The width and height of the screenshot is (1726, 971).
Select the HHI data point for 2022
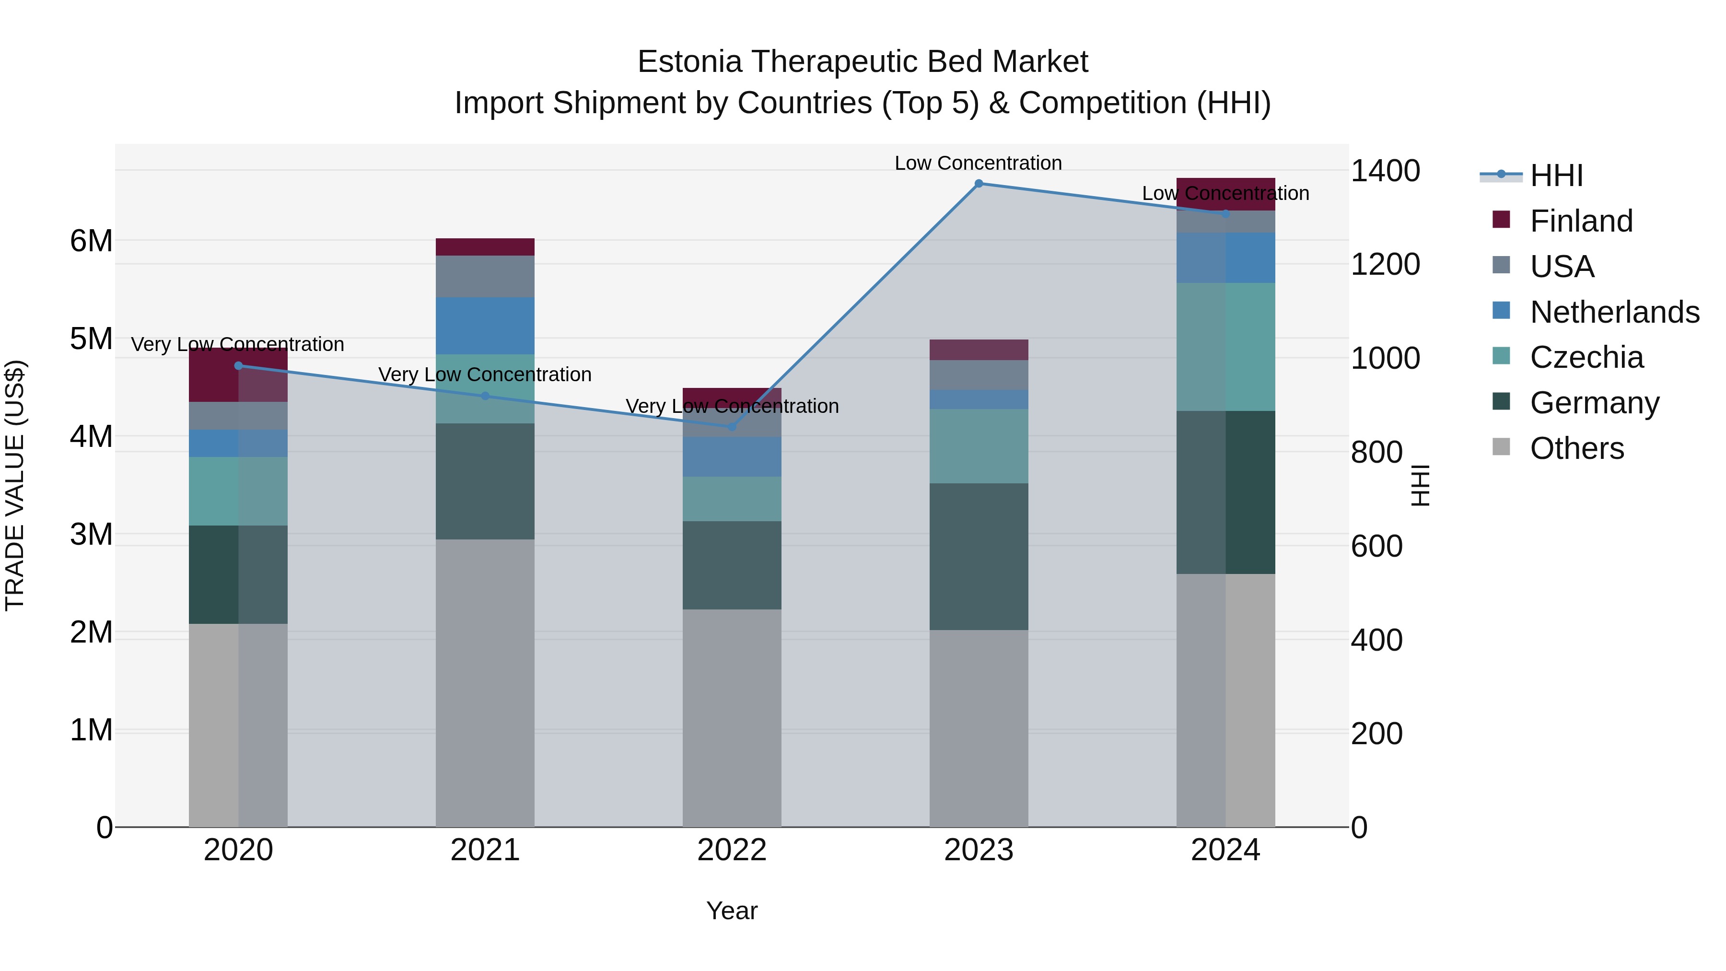pos(732,427)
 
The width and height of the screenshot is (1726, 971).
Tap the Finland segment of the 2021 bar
pos(485,246)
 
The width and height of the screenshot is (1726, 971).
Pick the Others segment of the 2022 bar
pos(732,717)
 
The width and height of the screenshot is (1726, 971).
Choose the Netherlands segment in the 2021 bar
pos(485,326)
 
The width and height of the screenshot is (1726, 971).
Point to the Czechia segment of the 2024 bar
pos(1225,347)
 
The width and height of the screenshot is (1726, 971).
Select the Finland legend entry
pos(1581,221)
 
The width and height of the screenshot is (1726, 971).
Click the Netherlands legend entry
pos(1614,312)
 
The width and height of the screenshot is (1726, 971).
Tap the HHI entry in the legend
pos(1556,175)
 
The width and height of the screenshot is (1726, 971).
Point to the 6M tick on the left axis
pos(91,241)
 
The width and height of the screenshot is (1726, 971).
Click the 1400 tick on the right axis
pos(1384,170)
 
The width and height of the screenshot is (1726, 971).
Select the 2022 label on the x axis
pos(732,850)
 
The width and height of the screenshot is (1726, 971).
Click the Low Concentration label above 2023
pos(978,163)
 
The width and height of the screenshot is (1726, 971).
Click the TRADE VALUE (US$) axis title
pos(15,485)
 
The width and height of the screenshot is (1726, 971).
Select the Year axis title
pos(732,911)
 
